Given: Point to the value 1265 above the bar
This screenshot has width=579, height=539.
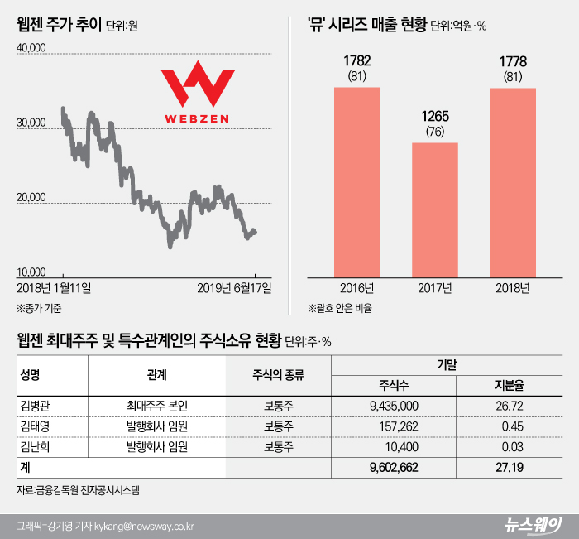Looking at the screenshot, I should pyautogui.click(x=434, y=117).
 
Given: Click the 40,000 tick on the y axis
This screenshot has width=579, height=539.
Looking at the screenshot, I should pyautogui.click(x=31, y=50).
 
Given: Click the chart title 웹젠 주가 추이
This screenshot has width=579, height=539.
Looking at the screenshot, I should pyautogui.click(x=59, y=25).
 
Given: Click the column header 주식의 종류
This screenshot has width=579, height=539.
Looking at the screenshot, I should pyautogui.click(x=278, y=374).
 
